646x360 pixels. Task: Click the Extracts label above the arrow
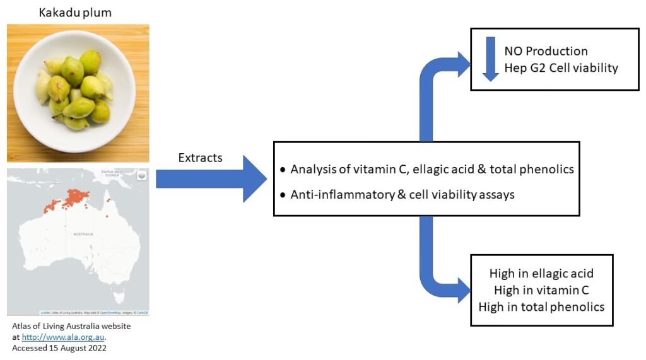pyautogui.click(x=200, y=158)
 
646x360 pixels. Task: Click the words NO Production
pyautogui.click(x=546, y=51)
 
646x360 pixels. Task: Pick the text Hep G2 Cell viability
pyautogui.click(x=561, y=68)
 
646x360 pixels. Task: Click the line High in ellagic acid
pyautogui.click(x=541, y=274)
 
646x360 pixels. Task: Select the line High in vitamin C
pyautogui.click(x=541, y=290)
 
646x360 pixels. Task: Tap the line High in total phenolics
pyautogui.click(x=541, y=307)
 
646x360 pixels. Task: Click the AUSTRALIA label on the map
pyautogui.click(x=83, y=234)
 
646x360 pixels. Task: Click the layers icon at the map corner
pyautogui.click(x=141, y=176)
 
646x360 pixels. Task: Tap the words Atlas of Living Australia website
pyautogui.click(x=71, y=327)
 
